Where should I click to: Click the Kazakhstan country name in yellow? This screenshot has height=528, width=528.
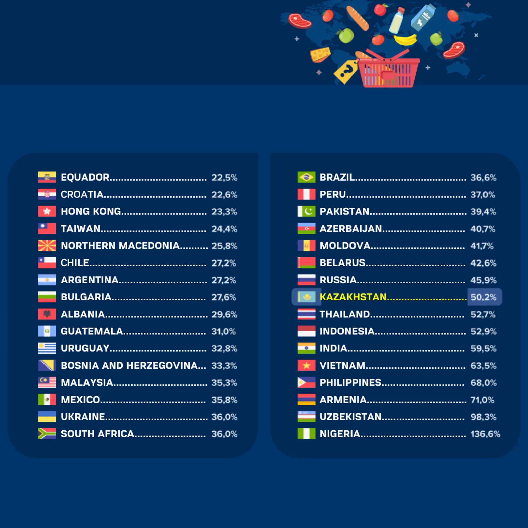coord(353,297)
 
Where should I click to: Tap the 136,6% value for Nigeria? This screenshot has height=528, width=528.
coord(485,434)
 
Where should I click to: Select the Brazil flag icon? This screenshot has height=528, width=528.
coord(306,177)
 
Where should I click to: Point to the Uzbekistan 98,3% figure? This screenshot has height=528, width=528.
coord(483,417)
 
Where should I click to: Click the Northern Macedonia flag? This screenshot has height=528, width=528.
coord(47,246)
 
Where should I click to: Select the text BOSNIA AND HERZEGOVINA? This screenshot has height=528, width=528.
coord(129,365)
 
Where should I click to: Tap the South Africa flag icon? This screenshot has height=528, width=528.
coord(47,434)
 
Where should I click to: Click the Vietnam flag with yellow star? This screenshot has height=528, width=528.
coord(306,365)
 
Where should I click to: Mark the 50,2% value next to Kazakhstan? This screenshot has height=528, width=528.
coord(483,297)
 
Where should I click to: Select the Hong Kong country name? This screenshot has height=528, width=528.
coord(91,211)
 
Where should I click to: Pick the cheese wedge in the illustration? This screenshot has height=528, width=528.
coord(320,54)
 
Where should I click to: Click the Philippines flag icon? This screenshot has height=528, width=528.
coord(306,383)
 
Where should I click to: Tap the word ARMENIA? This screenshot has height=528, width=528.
coord(343,400)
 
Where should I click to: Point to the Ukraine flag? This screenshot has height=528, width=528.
coord(47,417)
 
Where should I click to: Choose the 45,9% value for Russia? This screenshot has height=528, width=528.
coord(483,280)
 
